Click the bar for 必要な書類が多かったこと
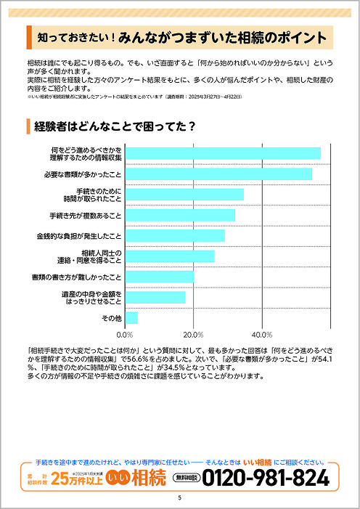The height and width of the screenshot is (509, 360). coord(218,174)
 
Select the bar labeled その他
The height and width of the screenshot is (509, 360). coord(131,318)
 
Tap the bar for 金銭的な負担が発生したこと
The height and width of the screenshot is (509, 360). coord(174,236)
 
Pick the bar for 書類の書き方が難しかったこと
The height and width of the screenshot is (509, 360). coord(159,277)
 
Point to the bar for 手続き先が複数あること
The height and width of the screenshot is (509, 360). coord(179,216)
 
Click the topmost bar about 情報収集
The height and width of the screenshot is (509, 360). coord(222,153)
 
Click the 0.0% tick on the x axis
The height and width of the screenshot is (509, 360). coord(125,335)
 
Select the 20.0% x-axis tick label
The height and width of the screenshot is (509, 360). coord(193,335)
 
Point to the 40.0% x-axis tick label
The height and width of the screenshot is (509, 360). coord(261,335)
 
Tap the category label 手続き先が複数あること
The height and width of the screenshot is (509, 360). coord(85,216)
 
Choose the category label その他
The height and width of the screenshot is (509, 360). coord(111,318)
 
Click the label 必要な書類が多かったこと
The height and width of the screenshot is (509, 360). coord(81,174)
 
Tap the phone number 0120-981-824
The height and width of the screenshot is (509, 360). coord(266,478)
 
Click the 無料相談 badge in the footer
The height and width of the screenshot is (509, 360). coord(186,478)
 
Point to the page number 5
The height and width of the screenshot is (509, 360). coord(179,498)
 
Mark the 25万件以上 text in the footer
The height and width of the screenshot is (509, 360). coord(75,479)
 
